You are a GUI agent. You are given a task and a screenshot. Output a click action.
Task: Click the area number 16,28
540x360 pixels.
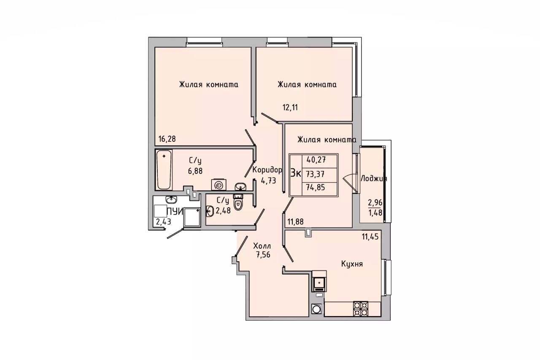[167, 139]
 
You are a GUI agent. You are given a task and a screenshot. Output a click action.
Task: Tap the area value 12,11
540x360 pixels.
[290, 107]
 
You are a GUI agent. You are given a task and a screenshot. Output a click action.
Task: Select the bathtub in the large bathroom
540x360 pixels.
[164, 170]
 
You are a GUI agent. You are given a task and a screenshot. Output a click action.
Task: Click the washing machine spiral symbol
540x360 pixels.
[219, 185]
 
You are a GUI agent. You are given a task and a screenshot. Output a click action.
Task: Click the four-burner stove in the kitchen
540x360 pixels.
[361, 309]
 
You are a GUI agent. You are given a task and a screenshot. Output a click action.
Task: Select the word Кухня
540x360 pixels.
[352, 264]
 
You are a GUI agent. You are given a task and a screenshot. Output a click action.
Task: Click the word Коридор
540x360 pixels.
[267, 170]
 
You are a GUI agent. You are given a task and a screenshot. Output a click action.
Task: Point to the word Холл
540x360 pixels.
[262, 246]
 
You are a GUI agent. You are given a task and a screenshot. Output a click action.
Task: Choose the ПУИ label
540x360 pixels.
[175, 212]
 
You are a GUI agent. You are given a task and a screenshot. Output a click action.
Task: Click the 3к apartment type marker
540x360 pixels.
[296, 173]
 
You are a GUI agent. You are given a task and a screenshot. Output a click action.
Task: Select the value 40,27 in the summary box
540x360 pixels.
[316, 160]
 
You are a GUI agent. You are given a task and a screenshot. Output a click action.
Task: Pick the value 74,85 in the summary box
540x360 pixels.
[316, 187]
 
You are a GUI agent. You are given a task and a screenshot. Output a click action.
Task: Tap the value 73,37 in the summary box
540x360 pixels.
[315, 173]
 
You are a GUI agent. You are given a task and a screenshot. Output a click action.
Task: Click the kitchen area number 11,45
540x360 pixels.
[370, 237]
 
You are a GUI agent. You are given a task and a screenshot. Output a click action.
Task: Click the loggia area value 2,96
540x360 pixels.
[375, 203]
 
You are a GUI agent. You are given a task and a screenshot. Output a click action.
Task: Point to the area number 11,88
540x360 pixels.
[296, 222]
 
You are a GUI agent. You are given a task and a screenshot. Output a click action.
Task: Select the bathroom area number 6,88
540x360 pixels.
[195, 171]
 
